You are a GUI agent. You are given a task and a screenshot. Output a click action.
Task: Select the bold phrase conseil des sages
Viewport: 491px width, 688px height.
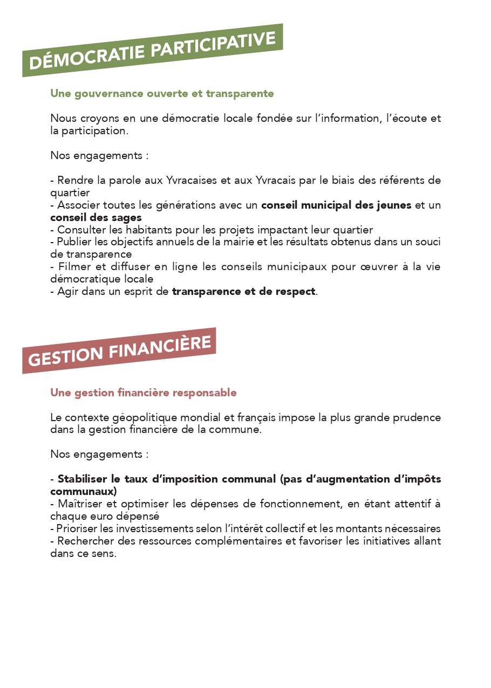tap(96, 218)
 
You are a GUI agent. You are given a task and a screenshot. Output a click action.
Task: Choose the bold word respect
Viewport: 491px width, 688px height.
tap(296, 292)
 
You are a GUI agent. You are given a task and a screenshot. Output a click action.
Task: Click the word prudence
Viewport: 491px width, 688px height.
tap(416, 418)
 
